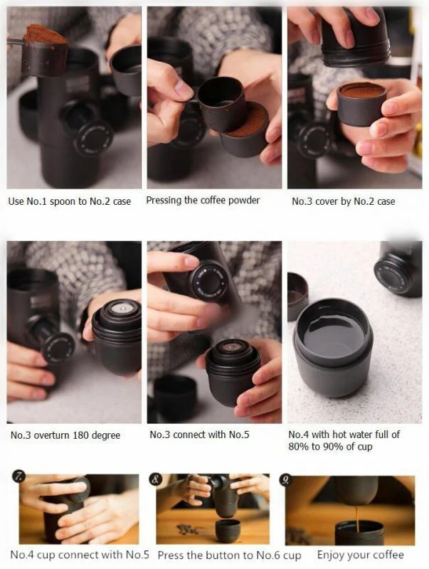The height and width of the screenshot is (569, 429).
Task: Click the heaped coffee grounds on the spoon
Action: click(45, 34)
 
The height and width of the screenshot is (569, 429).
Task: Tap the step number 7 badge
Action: click(18, 476)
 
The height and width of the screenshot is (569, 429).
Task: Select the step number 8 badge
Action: click(155, 479)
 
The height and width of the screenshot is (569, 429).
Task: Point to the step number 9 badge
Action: click(285, 480)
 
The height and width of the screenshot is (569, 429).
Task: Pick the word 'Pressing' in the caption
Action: click(164, 201)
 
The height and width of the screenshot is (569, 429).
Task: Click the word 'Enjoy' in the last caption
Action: click(329, 555)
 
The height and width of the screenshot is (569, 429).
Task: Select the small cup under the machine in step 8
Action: click(228, 531)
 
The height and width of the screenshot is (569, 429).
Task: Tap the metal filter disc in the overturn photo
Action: click(120, 308)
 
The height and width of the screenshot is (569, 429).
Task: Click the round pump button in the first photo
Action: click(93, 138)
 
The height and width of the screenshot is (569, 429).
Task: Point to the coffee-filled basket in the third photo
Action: click(361, 104)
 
